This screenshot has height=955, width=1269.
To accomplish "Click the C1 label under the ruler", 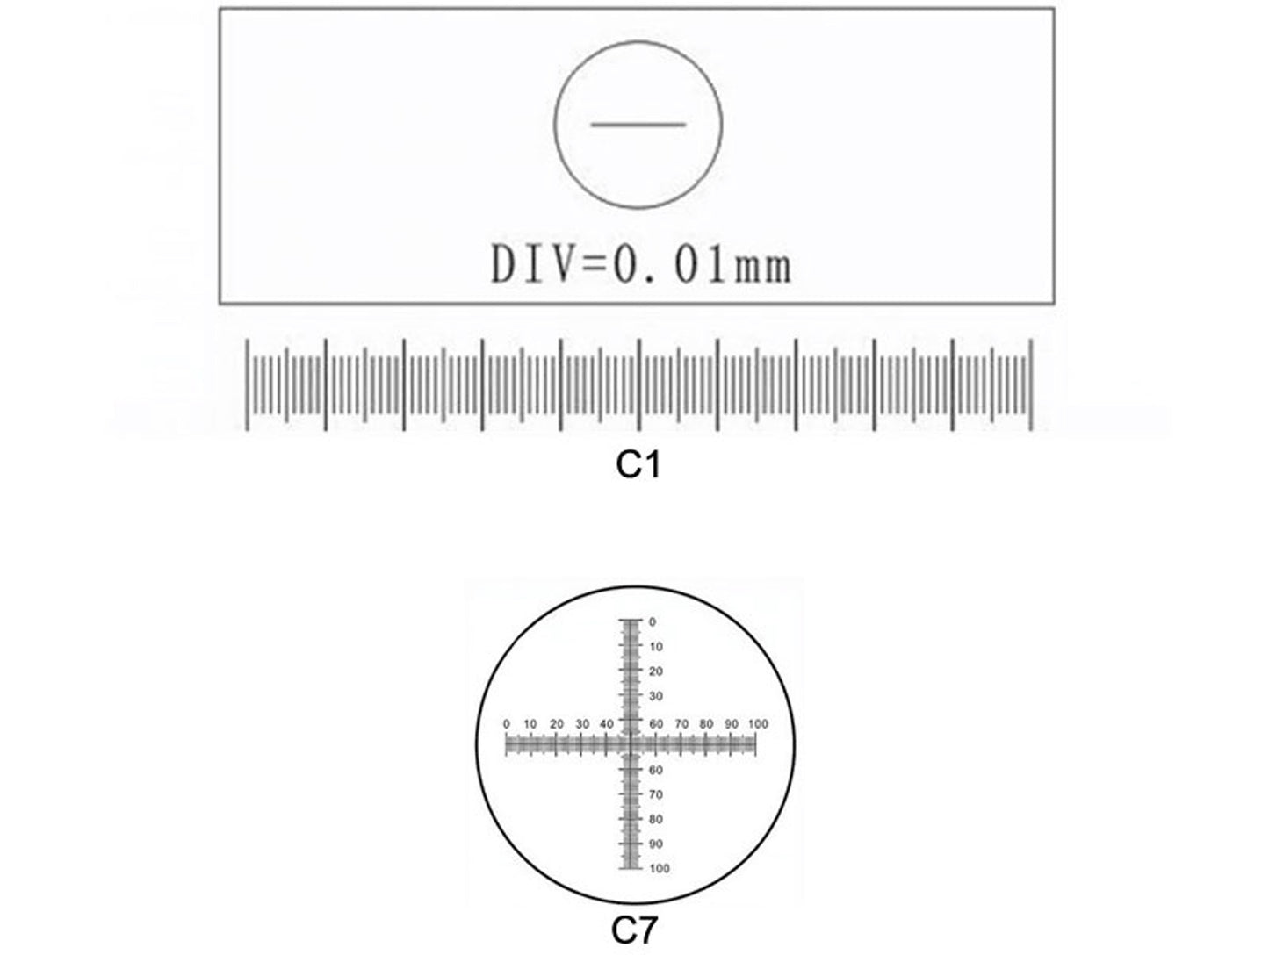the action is coord(638,465).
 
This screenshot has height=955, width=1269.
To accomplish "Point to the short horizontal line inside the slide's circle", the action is coord(638,125).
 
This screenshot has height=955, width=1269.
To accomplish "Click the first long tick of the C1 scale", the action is coord(248,384).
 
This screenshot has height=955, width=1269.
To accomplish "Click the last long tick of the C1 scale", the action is coord(1030,384).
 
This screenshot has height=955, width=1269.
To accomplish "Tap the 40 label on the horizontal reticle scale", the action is coord(607,724).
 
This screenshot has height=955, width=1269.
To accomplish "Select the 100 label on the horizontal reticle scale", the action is coord(758,724).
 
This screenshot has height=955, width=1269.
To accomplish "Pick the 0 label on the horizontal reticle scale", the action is coord(507,724).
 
